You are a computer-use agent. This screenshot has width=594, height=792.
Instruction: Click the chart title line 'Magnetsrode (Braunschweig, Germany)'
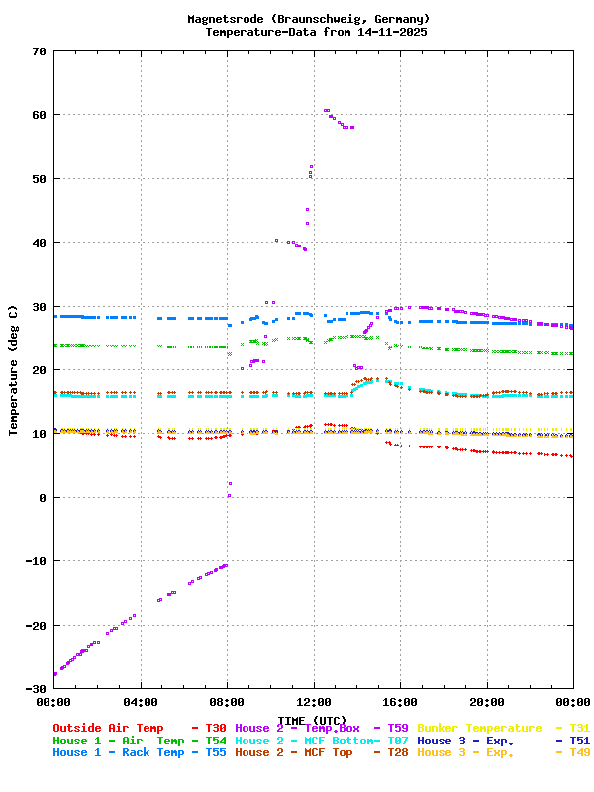308,19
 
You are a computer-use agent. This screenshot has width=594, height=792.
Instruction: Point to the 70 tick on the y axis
39,51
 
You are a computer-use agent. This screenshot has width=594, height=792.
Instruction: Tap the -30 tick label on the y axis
36,689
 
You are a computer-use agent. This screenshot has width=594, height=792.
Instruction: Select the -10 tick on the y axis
36,561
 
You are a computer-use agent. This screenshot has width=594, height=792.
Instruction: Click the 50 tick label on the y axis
39,179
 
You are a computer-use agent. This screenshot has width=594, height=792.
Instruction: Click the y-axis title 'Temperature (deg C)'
14,370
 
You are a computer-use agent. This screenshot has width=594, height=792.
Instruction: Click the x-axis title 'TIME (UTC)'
313,720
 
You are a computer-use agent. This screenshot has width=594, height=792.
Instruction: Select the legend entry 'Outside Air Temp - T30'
139,728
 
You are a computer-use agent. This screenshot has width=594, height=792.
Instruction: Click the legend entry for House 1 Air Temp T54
139,741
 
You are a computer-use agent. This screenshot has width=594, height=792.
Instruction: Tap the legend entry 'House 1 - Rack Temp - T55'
139,753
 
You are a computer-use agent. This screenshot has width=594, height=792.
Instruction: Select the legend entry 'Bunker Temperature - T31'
504,728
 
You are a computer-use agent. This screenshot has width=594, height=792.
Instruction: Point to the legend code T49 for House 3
579,753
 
